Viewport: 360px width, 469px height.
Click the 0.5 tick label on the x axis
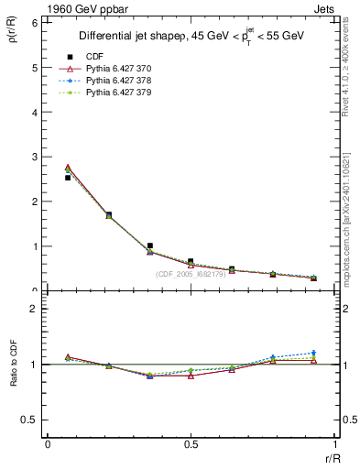coord(191,444)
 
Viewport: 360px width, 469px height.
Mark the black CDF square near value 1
coord(149,245)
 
